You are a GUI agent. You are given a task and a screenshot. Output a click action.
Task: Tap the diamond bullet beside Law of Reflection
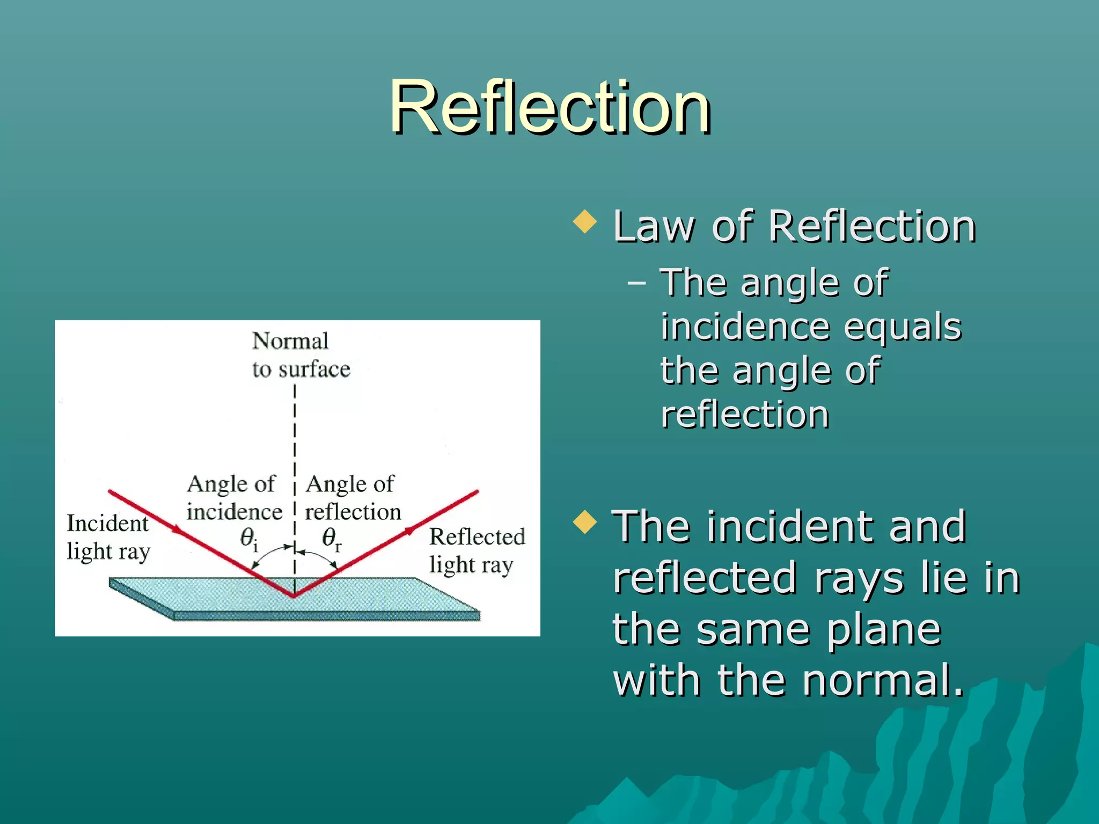click(x=584, y=222)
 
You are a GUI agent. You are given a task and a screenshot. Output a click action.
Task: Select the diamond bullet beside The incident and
click(x=584, y=522)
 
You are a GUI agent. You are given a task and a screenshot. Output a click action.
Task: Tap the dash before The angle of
click(x=636, y=282)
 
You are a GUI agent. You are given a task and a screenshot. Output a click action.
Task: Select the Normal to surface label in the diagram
click(x=301, y=355)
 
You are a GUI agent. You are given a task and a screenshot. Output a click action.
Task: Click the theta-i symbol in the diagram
click(x=248, y=538)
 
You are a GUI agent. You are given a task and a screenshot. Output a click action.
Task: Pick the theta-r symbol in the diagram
click(x=331, y=538)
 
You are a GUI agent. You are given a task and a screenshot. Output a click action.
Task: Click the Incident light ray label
click(x=108, y=537)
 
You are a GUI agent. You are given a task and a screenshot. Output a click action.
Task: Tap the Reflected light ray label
click(x=477, y=550)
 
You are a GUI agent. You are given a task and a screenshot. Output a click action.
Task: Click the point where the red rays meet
click(x=294, y=595)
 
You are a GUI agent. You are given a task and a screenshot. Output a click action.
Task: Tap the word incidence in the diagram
click(x=234, y=512)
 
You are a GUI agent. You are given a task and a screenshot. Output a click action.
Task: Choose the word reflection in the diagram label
click(x=353, y=512)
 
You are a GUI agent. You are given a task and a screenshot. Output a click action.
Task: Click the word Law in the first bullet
click(x=654, y=226)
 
